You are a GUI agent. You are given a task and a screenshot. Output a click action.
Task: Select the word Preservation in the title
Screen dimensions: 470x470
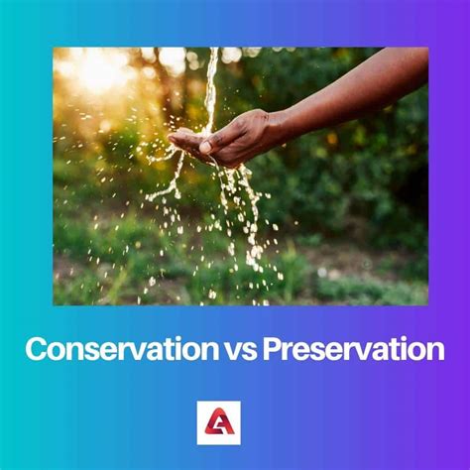353,349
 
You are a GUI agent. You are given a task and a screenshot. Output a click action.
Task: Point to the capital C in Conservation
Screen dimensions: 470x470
35,349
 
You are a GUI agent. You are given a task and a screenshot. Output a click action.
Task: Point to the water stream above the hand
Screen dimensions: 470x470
210,89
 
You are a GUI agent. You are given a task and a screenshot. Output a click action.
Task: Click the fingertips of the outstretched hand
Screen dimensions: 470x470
176,137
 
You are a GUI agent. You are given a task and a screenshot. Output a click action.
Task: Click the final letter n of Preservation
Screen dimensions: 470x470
435,350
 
